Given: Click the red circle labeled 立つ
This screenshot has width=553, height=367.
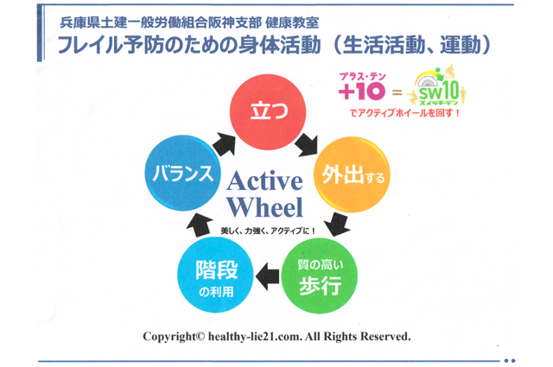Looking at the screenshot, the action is tap(268, 111).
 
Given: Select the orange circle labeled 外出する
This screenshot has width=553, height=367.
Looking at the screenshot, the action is tap(352, 174).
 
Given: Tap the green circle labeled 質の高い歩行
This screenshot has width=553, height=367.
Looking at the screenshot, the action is tap(320, 275).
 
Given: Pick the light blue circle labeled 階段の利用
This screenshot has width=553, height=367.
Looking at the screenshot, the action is tap(215, 275).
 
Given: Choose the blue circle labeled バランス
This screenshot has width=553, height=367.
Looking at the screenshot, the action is tap(182, 173).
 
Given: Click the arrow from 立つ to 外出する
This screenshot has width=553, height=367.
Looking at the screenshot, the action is tap(308, 144).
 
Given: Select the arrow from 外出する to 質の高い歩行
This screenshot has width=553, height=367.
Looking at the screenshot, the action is tap(338, 225).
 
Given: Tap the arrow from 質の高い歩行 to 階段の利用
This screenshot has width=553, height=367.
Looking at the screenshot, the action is tap(268, 276).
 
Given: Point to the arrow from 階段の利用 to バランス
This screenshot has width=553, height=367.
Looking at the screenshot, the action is tap(200, 225).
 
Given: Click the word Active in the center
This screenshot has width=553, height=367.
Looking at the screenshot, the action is tap(265, 181).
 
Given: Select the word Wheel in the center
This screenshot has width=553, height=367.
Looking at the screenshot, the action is tap(265, 207).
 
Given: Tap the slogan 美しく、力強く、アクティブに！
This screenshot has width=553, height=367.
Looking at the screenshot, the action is tap(268, 231).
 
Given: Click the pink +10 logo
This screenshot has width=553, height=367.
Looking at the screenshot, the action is tap(362, 86).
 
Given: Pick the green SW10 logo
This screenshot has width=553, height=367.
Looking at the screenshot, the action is tap(437, 85).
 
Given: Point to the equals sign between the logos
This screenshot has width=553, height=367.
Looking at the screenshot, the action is tap(397, 92).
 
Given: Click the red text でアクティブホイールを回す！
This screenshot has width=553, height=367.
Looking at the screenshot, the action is tap(404, 113).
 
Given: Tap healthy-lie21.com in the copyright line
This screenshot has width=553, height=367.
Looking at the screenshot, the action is tap(256, 336).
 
